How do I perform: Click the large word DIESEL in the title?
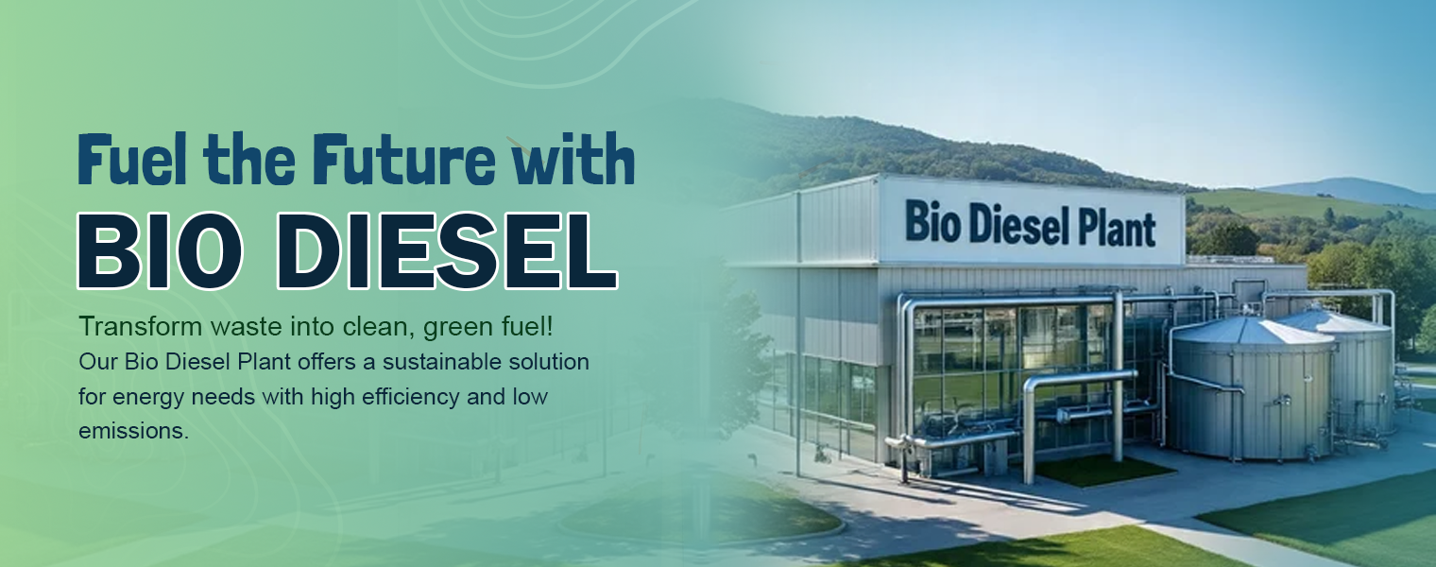click(449, 250)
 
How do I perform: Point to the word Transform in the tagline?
click(129, 327)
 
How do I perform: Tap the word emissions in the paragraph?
click(133, 431)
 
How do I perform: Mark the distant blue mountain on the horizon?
click(1360, 189)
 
